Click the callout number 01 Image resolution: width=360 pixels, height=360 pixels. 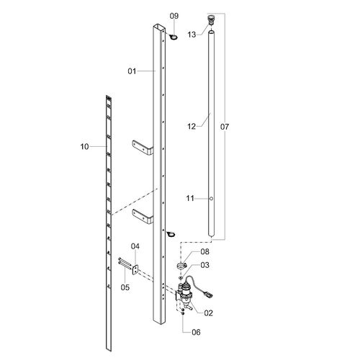(132, 71)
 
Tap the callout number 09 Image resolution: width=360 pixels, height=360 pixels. (174, 16)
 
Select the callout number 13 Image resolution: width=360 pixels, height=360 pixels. (192, 35)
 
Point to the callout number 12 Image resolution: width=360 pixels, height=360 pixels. (192, 126)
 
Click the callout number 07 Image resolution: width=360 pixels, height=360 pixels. (225, 127)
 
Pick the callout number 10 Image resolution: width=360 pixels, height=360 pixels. (84, 146)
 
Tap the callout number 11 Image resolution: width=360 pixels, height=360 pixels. (190, 198)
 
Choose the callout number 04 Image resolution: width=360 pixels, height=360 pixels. (135, 246)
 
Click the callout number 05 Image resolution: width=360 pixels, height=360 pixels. (125, 287)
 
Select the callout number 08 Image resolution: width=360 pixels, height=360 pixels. (204, 251)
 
